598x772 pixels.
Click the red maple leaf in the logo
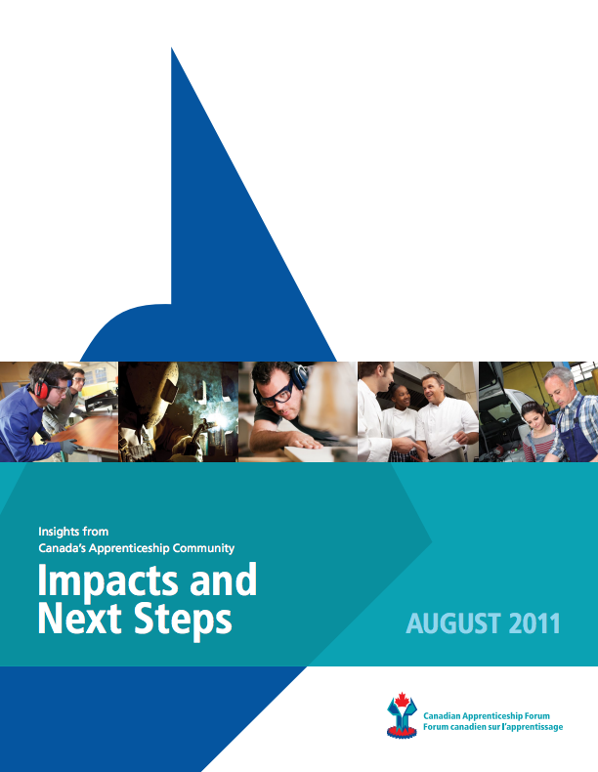(x=402, y=700)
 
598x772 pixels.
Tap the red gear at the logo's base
(x=402, y=732)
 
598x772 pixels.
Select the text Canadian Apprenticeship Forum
(x=487, y=716)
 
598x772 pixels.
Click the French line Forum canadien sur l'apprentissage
(x=492, y=727)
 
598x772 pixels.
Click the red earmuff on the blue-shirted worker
(x=42, y=390)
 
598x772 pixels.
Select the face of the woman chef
(x=402, y=397)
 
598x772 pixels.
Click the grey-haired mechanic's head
(x=560, y=384)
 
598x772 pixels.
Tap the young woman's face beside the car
(x=536, y=418)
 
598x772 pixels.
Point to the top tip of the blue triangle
(x=171, y=48)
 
